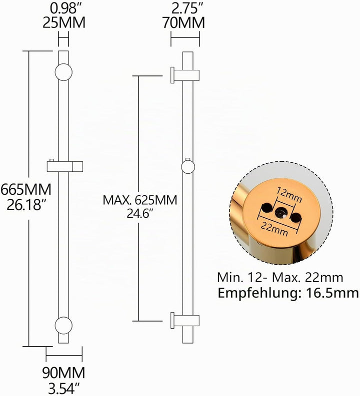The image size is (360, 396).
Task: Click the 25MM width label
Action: click(64, 22)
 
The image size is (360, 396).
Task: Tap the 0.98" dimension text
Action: click(63, 8)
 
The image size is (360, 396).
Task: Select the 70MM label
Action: click(183, 22)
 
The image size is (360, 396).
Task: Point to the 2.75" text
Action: click(184, 8)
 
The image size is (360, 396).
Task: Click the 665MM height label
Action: click(26, 189)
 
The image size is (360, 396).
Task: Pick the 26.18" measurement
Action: click(24, 205)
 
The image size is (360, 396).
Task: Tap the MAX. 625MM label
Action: click(140, 200)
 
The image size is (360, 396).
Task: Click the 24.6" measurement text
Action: click(140, 214)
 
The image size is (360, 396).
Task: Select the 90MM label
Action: click(63, 373)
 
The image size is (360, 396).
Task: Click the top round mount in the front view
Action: click(63, 72)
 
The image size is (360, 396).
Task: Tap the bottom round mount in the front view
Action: click(63, 325)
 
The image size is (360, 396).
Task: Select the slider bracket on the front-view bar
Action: click(65, 166)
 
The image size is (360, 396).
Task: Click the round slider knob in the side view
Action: click(188, 167)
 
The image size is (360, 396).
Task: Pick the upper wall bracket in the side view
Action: click(185, 75)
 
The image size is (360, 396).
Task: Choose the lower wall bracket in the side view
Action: click(185, 321)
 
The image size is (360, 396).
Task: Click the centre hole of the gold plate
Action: click(280, 212)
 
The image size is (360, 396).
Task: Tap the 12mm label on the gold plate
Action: click(289, 195)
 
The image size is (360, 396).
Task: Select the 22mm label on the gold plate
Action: click(274, 229)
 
